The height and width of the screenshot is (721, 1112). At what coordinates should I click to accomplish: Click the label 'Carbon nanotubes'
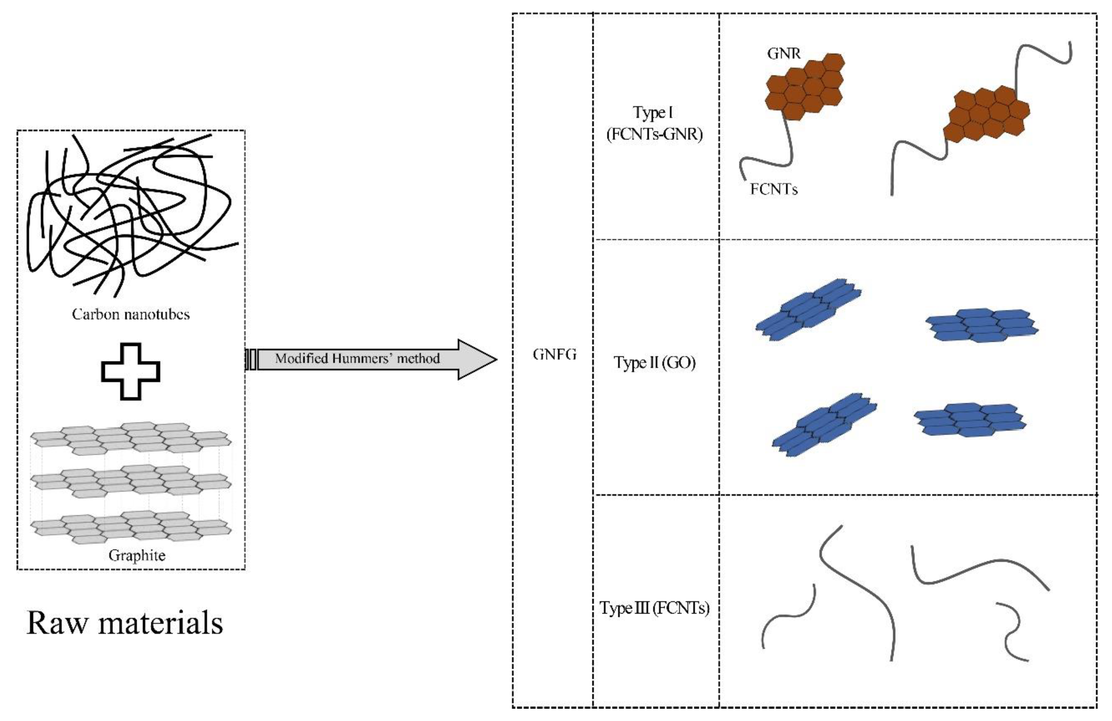pyautogui.click(x=131, y=314)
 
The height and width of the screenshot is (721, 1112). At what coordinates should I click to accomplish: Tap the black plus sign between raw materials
pyautogui.click(x=131, y=371)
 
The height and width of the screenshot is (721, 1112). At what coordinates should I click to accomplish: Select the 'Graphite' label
pyautogui.click(x=137, y=555)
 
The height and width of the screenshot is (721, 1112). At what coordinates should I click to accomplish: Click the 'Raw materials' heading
pyautogui.click(x=125, y=623)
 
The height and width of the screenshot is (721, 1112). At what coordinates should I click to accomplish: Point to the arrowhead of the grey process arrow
pyautogui.click(x=477, y=359)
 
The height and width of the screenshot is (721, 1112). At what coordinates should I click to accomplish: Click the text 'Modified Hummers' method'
pyautogui.click(x=357, y=359)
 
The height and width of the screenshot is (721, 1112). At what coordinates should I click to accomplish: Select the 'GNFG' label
pyautogui.click(x=554, y=355)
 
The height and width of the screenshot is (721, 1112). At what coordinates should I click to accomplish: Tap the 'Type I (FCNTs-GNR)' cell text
pyautogui.click(x=654, y=123)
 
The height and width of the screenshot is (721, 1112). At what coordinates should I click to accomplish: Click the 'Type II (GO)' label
pyautogui.click(x=655, y=362)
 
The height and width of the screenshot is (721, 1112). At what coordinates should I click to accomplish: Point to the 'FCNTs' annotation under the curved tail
pyautogui.click(x=774, y=189)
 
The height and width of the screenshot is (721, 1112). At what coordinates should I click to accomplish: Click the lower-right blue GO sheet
pyautogui.click(x=970, y=419)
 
